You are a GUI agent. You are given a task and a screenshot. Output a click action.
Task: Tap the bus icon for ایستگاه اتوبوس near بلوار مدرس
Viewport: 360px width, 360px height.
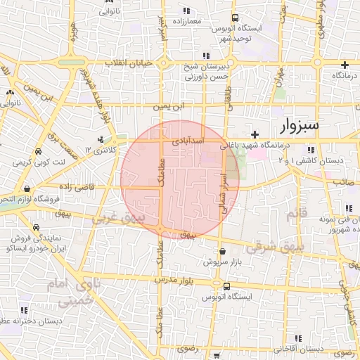click(226, 287)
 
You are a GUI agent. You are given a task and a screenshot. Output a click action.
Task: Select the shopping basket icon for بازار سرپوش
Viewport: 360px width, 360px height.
click(222, 251)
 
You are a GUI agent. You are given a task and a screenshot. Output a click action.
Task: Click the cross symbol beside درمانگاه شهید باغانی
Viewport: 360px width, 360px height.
click(255, 134)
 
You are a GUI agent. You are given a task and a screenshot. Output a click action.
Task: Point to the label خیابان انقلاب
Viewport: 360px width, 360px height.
click(129, 63)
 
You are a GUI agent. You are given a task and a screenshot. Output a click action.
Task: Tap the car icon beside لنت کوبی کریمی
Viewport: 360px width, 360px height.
click(38, 151)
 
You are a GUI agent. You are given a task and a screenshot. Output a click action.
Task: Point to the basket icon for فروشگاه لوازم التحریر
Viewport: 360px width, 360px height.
click(27, 188)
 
